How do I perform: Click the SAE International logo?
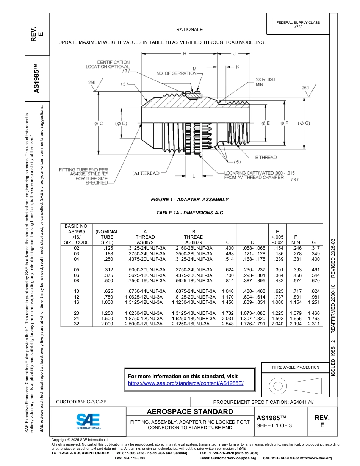point(88,421)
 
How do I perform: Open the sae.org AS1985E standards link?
point(186,383)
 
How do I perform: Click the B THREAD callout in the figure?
point(266,157)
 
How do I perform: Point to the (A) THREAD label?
point(146,173)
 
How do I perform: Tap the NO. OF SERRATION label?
point(177,73)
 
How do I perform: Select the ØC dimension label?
point(99,124)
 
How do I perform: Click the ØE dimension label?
point(266,123)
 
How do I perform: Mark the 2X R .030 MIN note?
point(265,82)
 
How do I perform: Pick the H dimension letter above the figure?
point(185,54)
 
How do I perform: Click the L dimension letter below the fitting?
point(194,176)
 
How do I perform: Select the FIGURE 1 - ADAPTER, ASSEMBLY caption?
point(189,199)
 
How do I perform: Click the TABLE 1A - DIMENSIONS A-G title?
point(189,213)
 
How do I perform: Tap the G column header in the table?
point(314,242)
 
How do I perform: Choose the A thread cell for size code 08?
point(145,281)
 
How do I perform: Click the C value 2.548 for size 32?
point(228,324)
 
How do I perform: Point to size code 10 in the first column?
point(77,291)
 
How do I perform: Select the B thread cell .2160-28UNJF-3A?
point(194,248)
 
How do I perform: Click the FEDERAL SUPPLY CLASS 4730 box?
point(298,25)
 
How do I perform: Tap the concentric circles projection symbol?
point(278,386)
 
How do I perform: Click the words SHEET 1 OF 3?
point(274,425)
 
